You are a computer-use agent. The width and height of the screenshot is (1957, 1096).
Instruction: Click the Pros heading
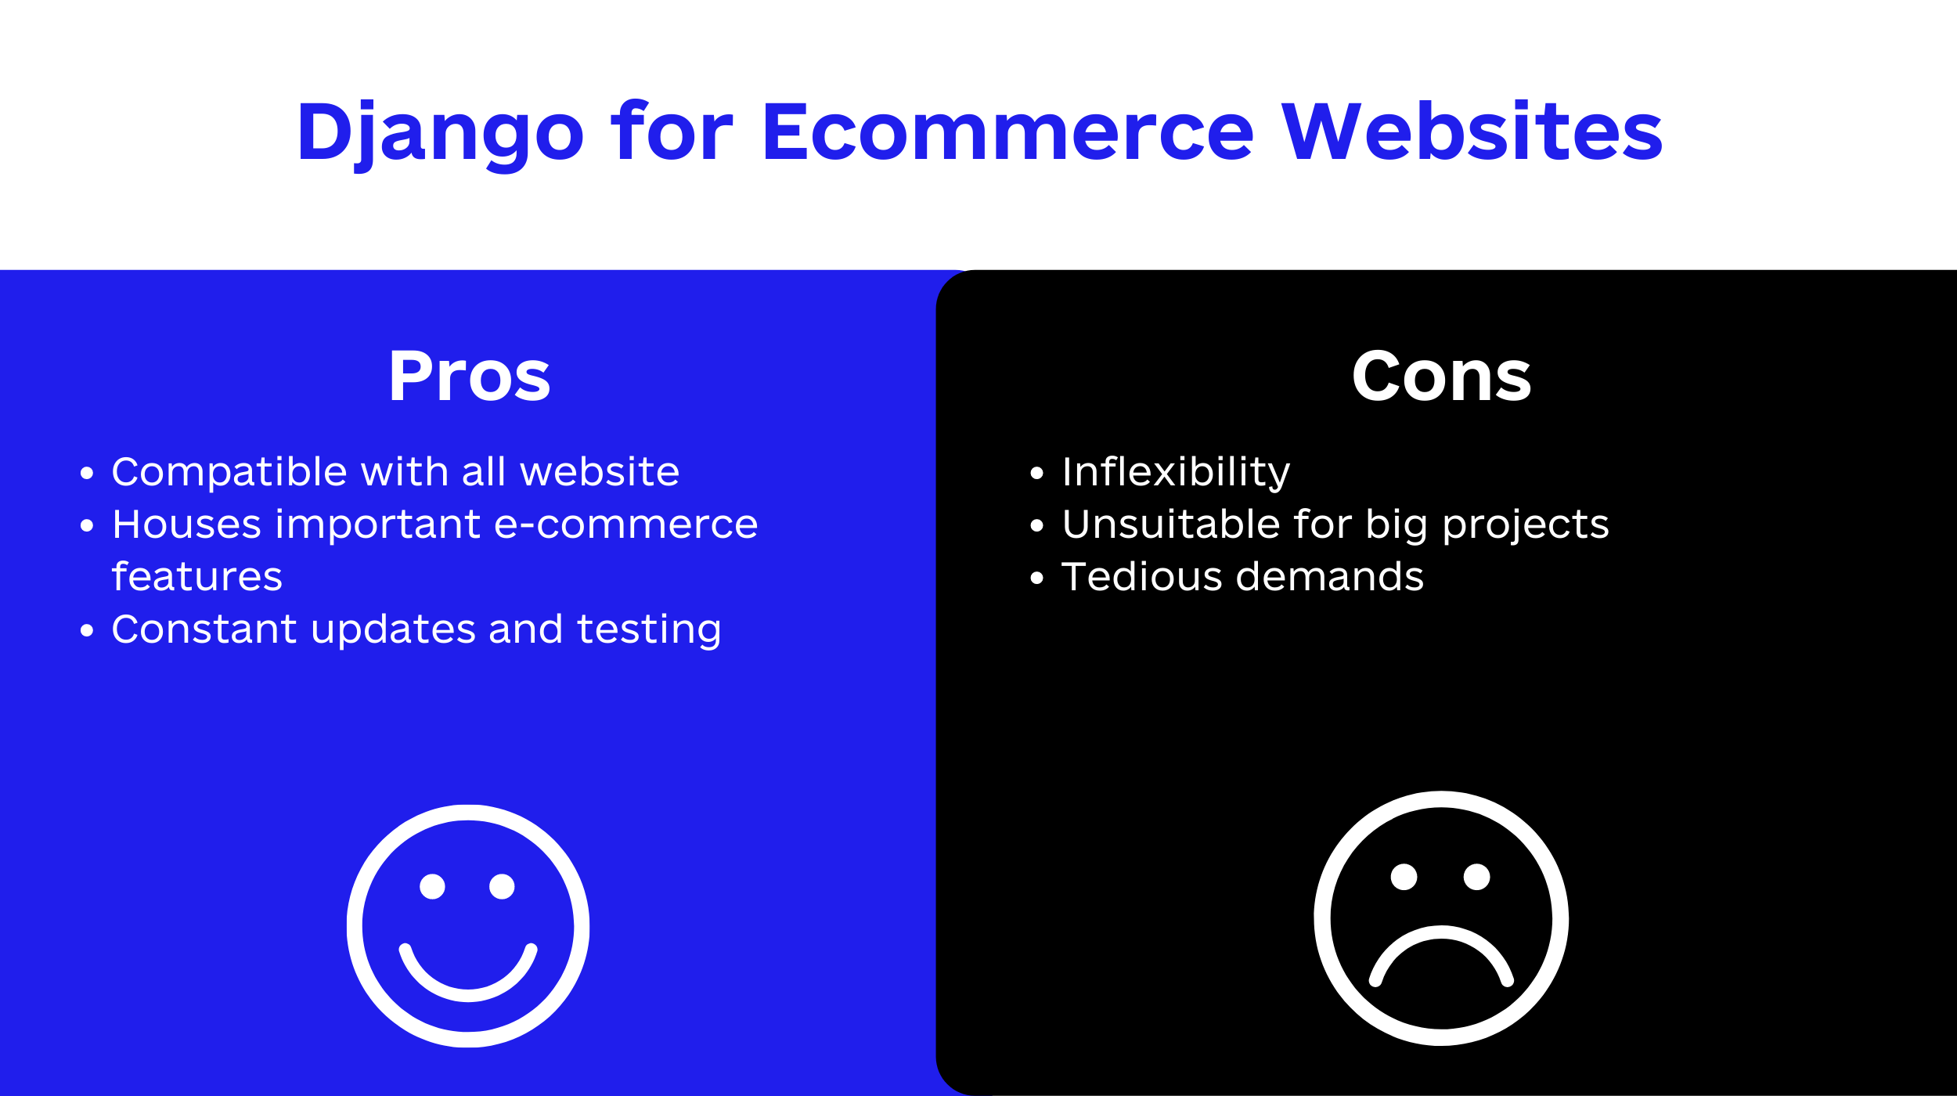point(470,377)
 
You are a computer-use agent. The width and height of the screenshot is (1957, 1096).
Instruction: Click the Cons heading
point(1442,377)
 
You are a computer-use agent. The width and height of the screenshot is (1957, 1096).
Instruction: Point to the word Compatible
point(229,473)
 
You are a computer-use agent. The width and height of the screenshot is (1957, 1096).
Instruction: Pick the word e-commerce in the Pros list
point(626,524)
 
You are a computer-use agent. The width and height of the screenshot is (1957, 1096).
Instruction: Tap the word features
point(197,576)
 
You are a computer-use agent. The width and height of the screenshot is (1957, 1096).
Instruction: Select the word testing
point(649,630)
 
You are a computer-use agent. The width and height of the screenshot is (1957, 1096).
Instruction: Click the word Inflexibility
point(1176,472)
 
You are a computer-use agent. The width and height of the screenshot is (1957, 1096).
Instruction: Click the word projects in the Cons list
point(1526,525)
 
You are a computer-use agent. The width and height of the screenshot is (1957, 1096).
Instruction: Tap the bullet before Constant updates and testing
point(87,631)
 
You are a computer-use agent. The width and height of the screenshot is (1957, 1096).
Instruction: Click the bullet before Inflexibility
point(1037,473)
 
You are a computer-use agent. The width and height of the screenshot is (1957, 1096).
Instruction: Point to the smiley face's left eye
point(432,886)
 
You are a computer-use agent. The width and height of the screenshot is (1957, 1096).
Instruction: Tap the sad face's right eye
point(1477,877)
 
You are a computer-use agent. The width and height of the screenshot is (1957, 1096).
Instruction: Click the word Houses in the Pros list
point(187,524)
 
